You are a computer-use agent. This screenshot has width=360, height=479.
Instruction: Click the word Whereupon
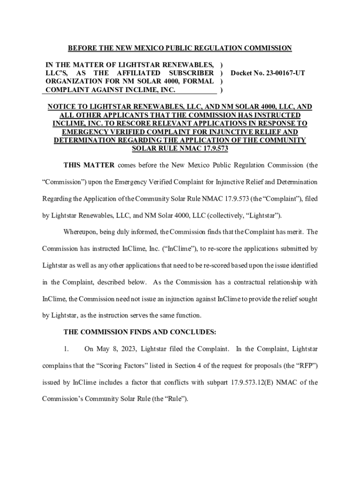point(80,232)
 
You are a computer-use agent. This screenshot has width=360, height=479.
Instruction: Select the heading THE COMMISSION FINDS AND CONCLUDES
point(140,332)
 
